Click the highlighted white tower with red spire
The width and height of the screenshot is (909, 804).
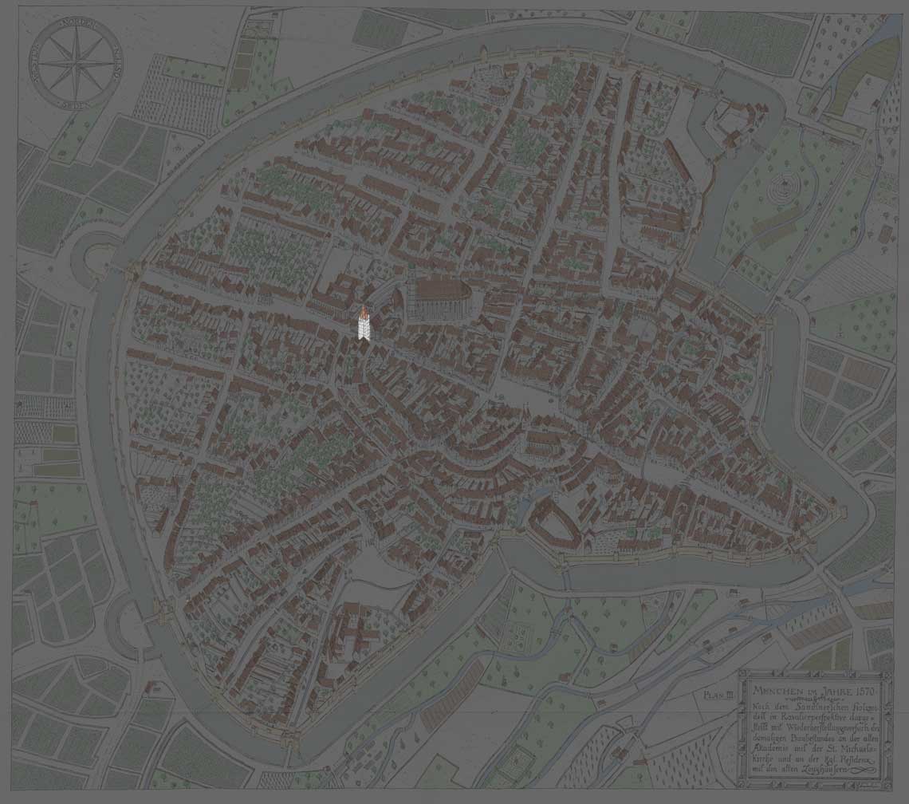pyautogui.click(x=363, y=323)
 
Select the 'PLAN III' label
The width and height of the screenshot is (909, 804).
pyautogui.click(x=718, y=695)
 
